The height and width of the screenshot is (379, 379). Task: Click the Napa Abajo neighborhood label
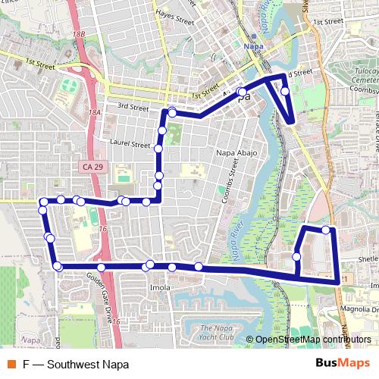[237, 153]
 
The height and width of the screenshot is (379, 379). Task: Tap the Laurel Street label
[130, 143]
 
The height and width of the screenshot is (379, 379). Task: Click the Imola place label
[159, 287]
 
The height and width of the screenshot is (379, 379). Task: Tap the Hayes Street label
[174, 14]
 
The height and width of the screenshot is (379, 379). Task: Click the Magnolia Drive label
[359, 309]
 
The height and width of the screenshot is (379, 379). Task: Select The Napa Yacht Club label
[212, 331]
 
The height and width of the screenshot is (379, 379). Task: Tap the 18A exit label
[94, 112]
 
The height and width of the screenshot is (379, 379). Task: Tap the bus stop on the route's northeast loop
[285, 91]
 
